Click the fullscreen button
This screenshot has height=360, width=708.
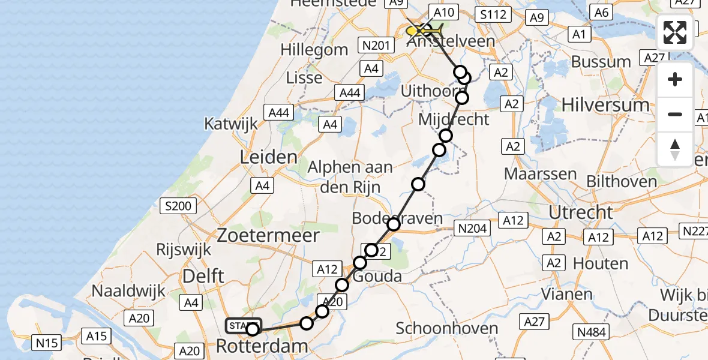[x=675, y=32]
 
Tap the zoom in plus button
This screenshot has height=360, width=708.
[x=675, y=80]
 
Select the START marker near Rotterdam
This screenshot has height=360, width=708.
[x=243, y=326]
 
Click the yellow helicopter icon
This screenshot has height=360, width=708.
[x=425, y=29]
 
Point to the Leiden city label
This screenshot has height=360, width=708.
[x=268, y=157]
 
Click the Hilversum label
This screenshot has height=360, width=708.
[x=605, y=105]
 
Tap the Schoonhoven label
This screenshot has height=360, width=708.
[x=447, y=328]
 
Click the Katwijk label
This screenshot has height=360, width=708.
[x=231, y=124]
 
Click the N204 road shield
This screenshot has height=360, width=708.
[x=473, y=228]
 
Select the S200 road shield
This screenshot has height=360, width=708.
[x=178, y=206]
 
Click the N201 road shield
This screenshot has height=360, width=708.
[x=377, y=45]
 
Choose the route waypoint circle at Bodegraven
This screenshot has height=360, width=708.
[x=394, y=224]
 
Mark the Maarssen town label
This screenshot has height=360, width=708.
[x=541, y=175]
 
